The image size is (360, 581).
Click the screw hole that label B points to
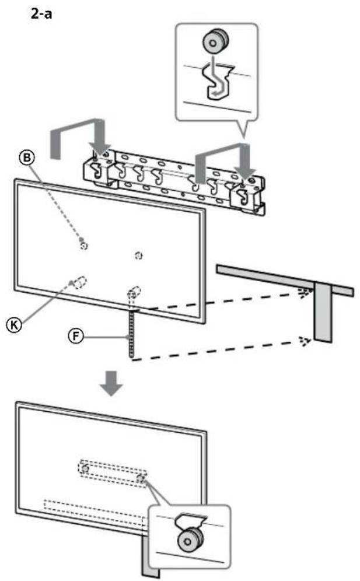(83, 246)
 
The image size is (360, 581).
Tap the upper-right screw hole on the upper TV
(138, 256)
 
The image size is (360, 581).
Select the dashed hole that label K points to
(79, 281)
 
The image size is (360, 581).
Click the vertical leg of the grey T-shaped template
(323, 313)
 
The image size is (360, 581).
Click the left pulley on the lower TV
(85, 468)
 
